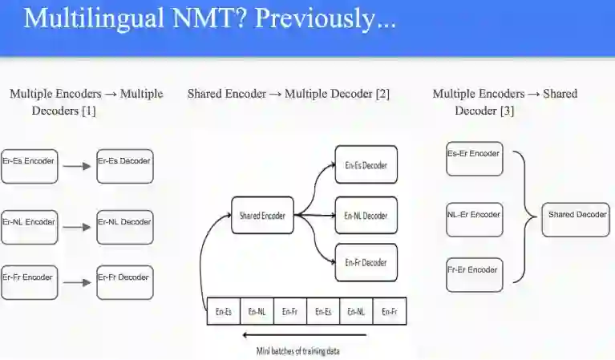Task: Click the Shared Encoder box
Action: point(262,215)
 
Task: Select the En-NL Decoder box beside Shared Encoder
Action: point(366,216)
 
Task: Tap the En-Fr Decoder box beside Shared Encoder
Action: point(366,262)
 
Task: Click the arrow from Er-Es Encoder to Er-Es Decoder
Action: point(77,167)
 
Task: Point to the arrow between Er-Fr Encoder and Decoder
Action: point(77,282)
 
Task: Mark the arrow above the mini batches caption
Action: point(304,334)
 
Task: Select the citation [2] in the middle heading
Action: point(382,94)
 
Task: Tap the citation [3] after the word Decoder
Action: point(507,111)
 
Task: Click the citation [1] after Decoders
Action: point(88,111)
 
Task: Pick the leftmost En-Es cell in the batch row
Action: point(224,312)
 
